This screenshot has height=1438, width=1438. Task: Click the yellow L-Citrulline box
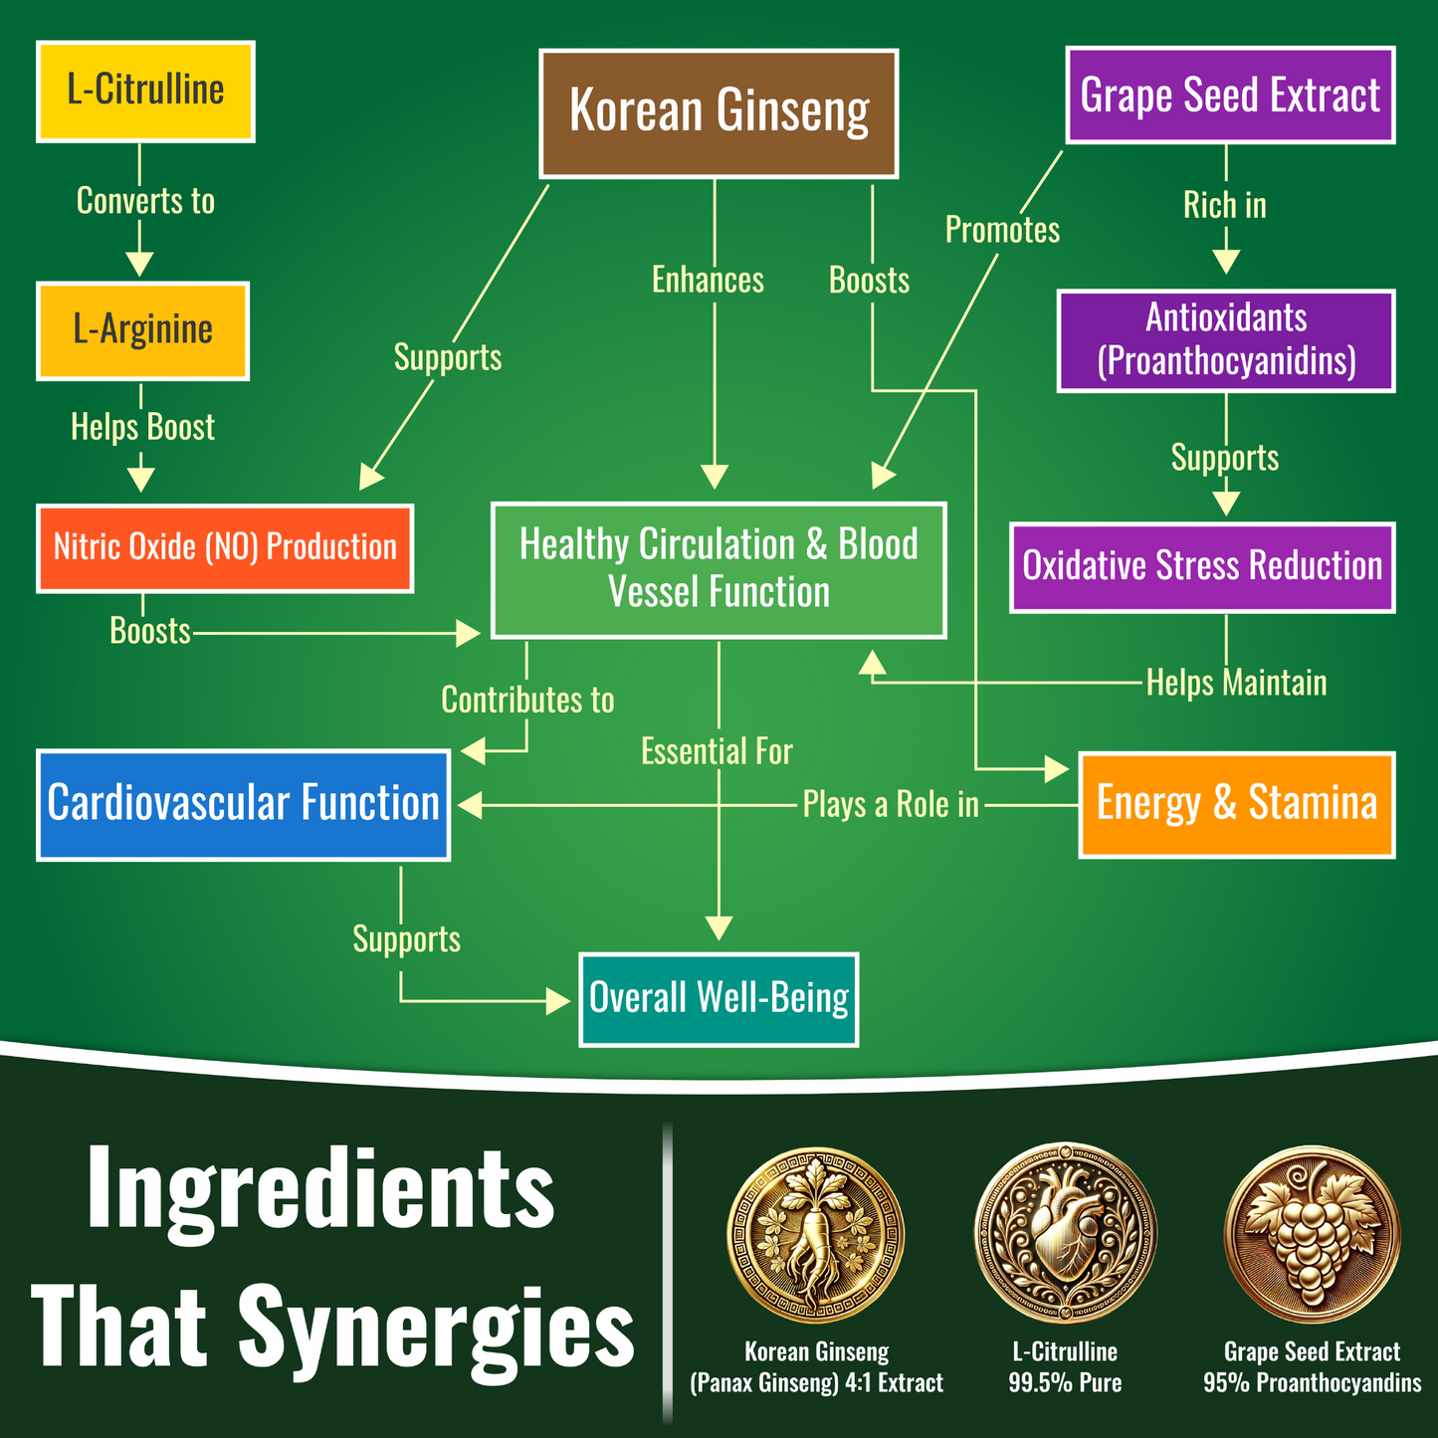(x=145, y=91)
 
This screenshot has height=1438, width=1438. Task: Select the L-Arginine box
(x=142, y=330)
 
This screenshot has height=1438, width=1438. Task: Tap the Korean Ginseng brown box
(x=719, y=112)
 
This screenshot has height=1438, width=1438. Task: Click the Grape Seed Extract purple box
(x=1230, y=95)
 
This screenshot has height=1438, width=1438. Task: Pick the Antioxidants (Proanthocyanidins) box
(x=1226, y=340)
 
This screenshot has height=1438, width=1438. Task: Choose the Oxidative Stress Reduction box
(x=1202, y=566)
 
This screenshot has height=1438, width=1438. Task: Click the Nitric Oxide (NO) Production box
(x=225, y=548)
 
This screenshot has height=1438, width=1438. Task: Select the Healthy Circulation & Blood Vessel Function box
(x=719, y=569)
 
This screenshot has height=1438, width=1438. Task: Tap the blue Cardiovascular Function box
(x=243, y=804)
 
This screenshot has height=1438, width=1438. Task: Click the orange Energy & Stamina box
(x=1237, y=804)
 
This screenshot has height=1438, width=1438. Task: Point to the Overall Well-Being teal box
(x=719, y=999)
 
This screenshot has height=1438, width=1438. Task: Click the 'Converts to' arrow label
(x=145, y=201)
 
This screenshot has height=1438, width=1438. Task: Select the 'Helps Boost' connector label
(x=142, y=427)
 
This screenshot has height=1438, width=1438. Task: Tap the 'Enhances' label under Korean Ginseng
(x=708, y=281)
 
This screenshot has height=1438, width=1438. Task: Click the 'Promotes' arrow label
(x=1002, y=230)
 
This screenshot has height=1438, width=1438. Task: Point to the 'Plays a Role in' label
(x=891, y=805)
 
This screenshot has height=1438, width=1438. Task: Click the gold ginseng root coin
(x=816, y=1235)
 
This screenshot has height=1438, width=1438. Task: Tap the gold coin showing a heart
(x=1065, y=1233)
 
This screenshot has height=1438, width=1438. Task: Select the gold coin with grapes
(x=1312, y=1234)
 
